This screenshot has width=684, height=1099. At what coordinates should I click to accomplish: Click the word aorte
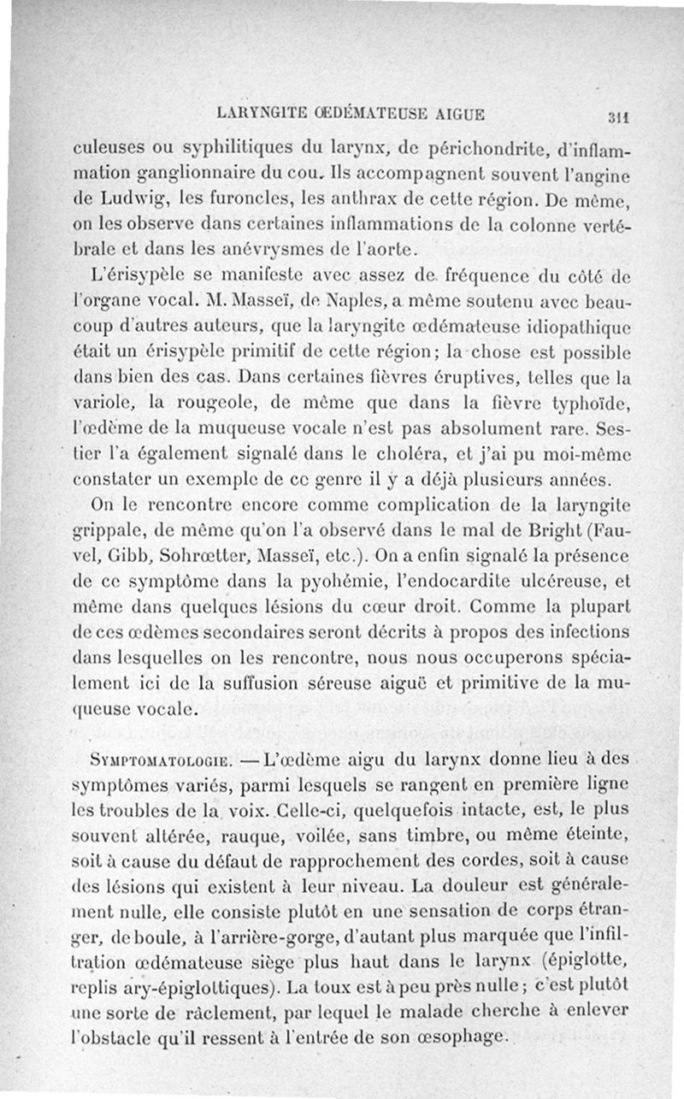387,249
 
